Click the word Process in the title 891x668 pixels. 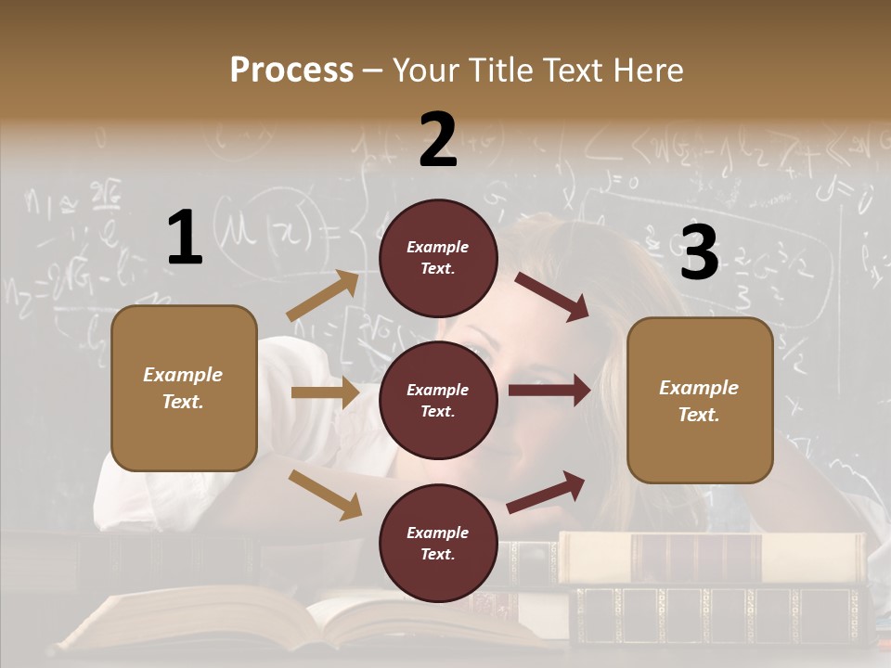coord(291,71)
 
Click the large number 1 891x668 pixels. coord(185,238)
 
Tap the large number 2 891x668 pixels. coord(438,140)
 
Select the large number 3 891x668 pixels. coord(699,252)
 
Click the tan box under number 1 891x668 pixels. coord(184,388)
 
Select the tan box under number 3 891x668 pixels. coord(700,400)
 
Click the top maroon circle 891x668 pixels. coord(438,257)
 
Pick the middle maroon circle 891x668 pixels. coord(438,400)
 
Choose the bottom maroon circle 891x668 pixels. coord(438,543)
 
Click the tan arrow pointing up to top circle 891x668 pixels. coord(324,296)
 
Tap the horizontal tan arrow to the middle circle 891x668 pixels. coord(325,392)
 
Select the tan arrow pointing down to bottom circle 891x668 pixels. coord(325,494)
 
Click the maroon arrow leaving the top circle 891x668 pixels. coord(552,296)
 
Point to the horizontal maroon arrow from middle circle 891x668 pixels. coord(549,391)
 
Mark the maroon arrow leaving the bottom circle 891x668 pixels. coord(547,492)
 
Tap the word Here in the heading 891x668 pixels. coord(649,71)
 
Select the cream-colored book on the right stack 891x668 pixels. coord(715,557)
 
